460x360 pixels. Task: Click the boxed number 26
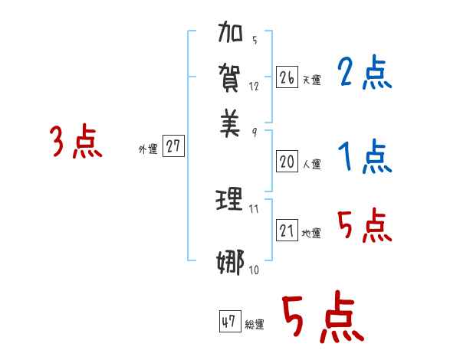click(x=287, y=77)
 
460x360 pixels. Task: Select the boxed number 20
click(x=287, y=161)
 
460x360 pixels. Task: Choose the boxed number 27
click(x=174, y=147)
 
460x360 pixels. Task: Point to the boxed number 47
click(x=229, y=322)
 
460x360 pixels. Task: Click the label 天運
click(x=311, y=80)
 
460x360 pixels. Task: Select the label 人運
click(x=311, y=164)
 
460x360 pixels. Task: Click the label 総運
click(x=255, y=325)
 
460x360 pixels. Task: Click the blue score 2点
click(x=364, y=74)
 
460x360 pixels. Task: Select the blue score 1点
click(x=364, y=157)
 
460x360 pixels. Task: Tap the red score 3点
click(x=76, y=142)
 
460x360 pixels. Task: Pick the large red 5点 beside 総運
click(x=322, y=318)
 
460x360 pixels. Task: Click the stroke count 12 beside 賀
click(x=254, y=87)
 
